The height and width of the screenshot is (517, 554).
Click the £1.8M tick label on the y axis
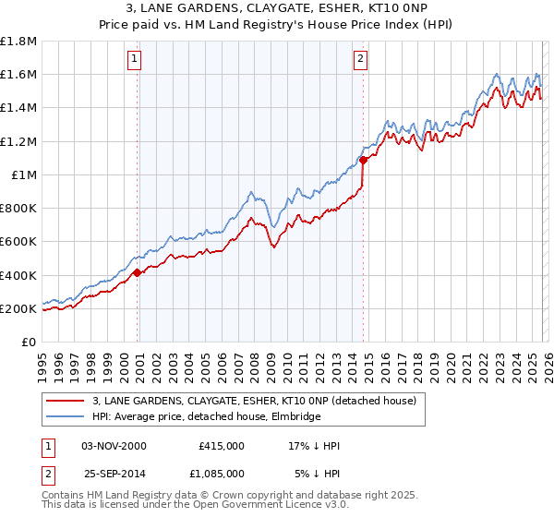pos(18,42)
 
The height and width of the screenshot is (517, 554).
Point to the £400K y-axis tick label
pos(18,275)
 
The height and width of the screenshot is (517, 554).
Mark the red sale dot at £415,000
pos(138,272)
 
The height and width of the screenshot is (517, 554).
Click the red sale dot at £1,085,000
pos(363,160)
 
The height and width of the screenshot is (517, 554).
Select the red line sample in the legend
pos(66,402)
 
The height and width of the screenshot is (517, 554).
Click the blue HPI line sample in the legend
pos(66,417)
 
